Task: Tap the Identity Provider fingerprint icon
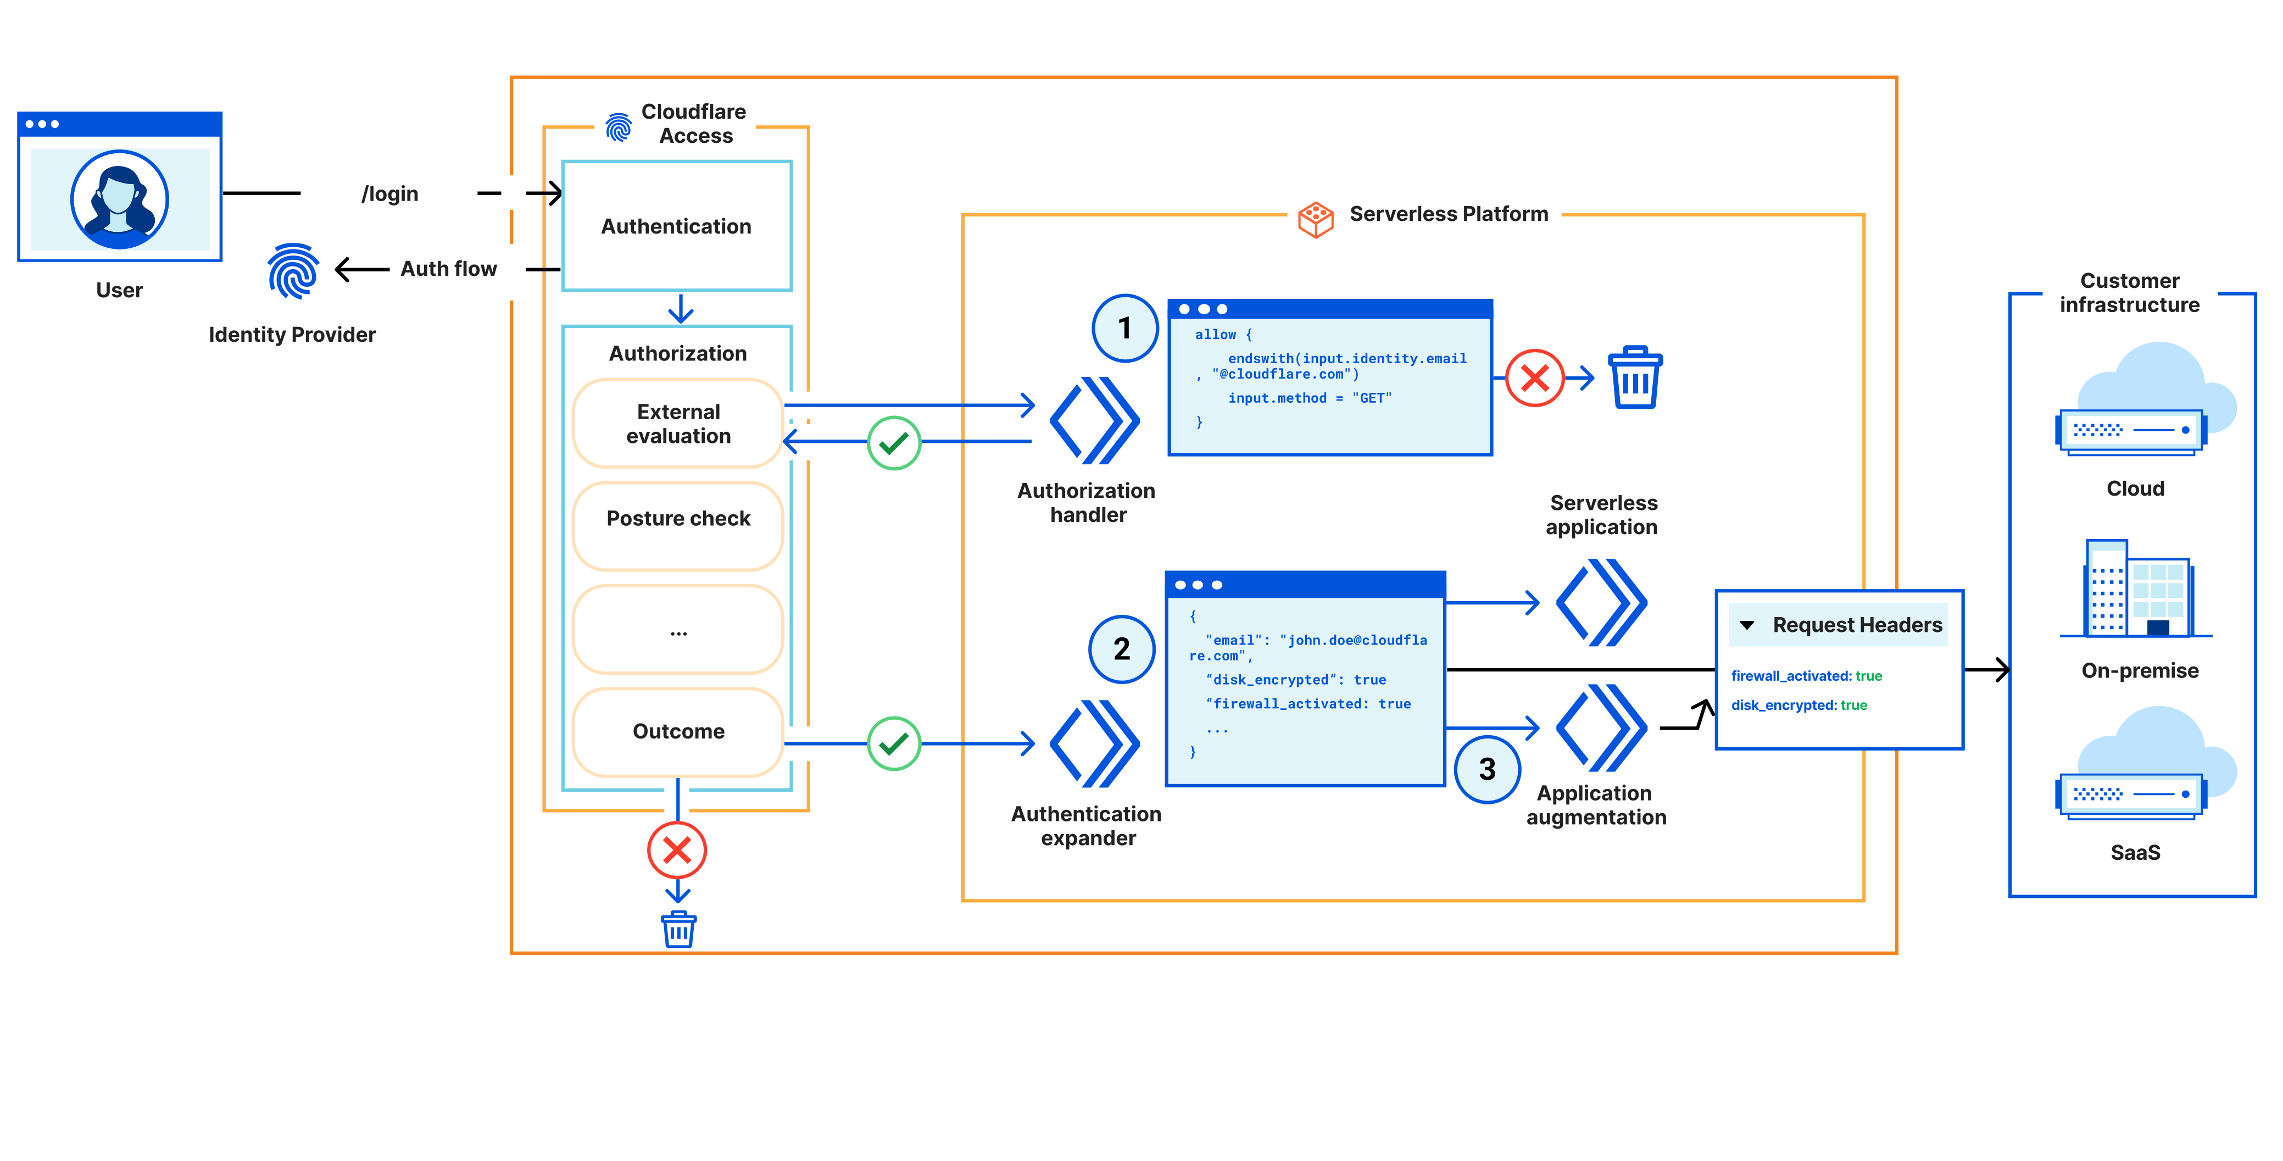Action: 292,271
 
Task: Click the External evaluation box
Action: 678,424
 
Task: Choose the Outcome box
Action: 678,731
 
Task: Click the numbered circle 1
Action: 1124,329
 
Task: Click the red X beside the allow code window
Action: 1534,379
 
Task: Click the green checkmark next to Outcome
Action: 893,743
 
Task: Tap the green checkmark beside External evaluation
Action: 893,443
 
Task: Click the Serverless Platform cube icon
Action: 1315,219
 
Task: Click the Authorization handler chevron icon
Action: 1094,421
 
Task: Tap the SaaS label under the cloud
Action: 2135,853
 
